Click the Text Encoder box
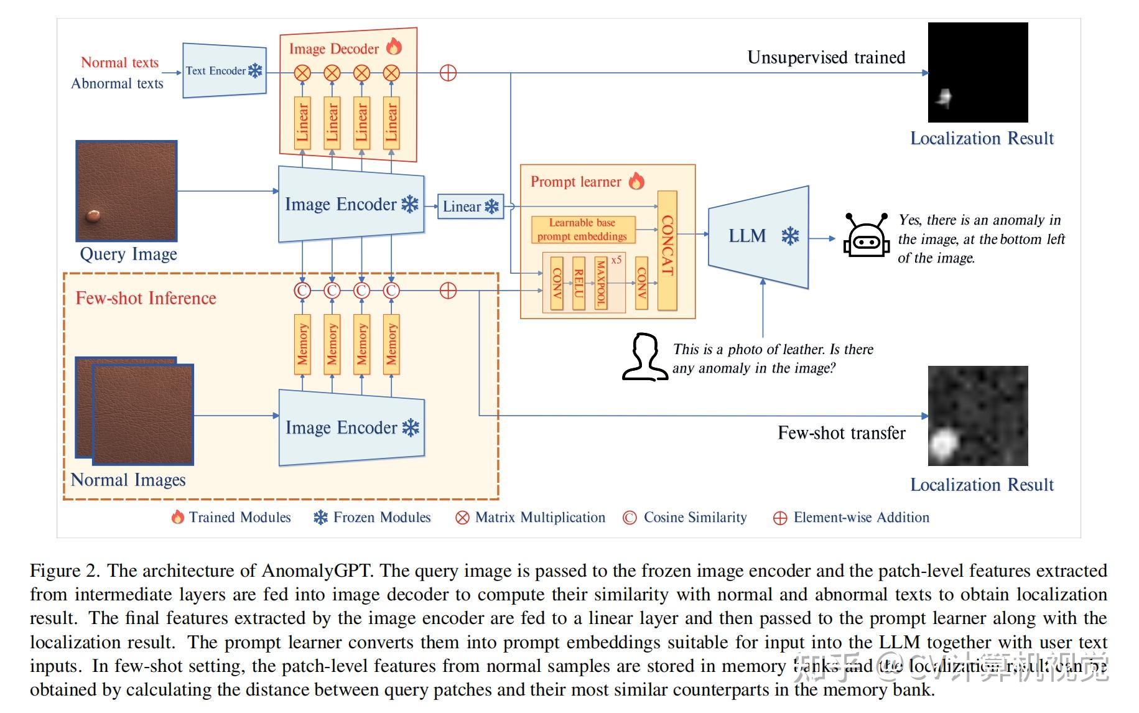224,71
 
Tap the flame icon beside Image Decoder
394,47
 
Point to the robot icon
865,236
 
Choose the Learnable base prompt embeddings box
583,230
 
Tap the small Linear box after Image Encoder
470,207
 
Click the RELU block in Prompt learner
579,283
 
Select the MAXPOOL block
601,283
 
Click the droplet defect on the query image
93,216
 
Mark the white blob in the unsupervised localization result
945,97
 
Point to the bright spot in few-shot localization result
943,444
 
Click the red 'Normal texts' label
119,63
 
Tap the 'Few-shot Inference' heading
146,299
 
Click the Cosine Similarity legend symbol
630,518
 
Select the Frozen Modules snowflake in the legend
320,518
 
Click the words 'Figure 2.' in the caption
65,571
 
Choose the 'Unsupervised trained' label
825,58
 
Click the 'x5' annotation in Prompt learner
616,260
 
